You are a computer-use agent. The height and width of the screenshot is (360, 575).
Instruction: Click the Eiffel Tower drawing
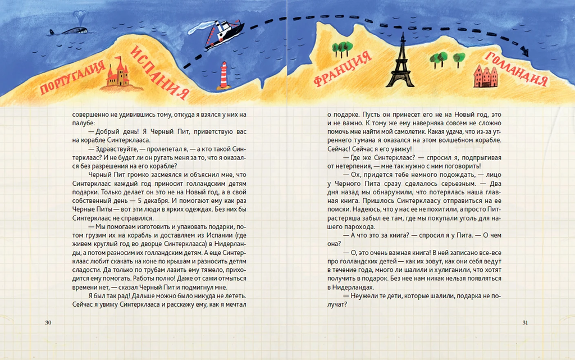[x=401, y=62]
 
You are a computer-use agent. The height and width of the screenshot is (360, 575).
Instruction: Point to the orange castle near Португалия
[x=117, y=74]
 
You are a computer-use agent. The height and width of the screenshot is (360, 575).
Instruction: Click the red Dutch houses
[x=485, y=76]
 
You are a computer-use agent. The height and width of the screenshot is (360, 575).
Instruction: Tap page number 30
[x=48, y=322]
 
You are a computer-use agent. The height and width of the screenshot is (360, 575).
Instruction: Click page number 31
[x=526, y=322]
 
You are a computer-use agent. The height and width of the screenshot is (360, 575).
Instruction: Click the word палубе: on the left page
[x=84, y=122]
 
